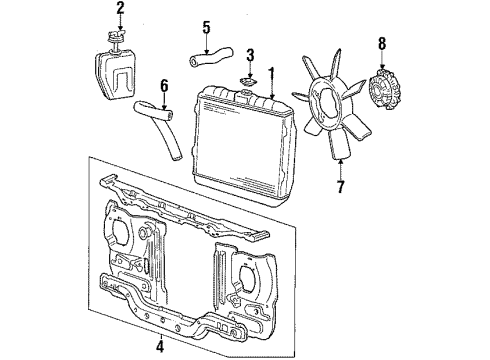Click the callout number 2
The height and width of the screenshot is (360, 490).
[120, 10]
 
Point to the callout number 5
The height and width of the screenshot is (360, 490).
[205, 27]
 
